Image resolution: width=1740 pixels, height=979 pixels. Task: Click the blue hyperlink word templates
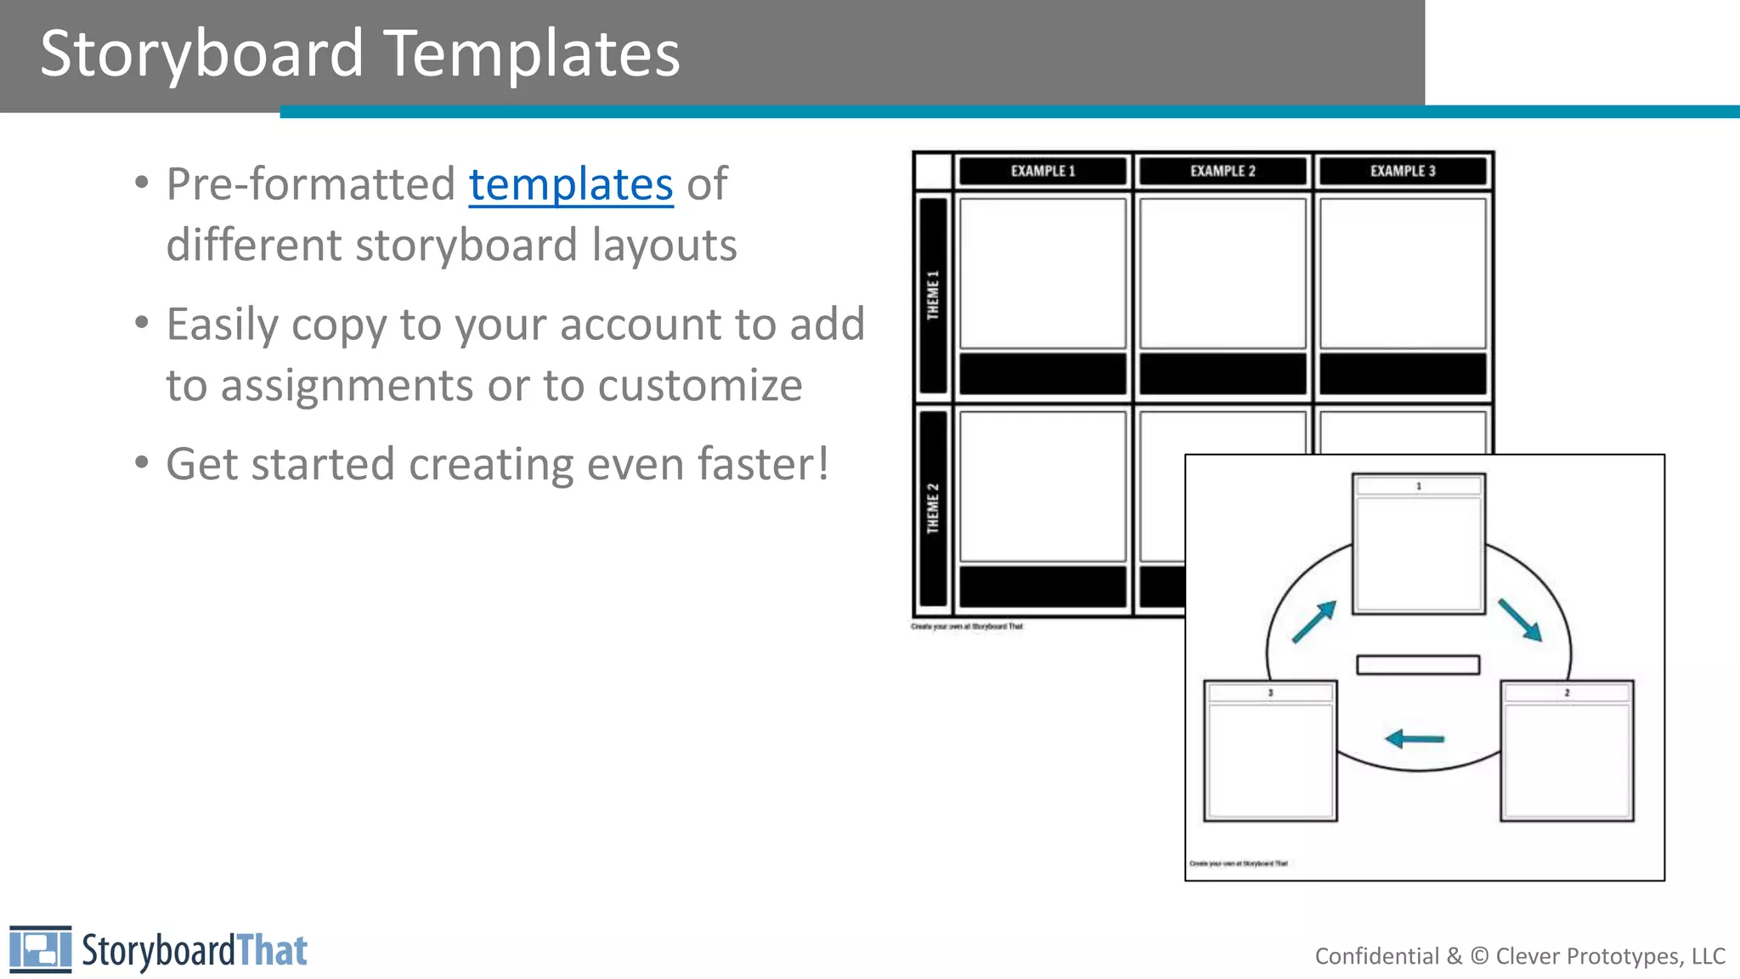click(571, 184)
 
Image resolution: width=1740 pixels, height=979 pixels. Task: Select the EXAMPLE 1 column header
click(1042, 171)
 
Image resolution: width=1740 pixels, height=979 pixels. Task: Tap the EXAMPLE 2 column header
click(1223, 171)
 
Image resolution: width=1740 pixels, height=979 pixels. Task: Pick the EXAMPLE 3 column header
click(1403, 171)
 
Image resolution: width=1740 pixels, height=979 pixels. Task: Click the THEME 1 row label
click(934, 295)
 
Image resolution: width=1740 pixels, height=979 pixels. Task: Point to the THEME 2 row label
click(934, 507)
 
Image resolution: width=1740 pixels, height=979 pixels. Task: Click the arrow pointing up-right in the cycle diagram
click(1314, 622)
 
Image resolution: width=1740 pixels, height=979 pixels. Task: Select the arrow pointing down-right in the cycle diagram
click(1520, 620)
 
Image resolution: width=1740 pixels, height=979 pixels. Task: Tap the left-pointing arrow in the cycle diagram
click(1415, 738)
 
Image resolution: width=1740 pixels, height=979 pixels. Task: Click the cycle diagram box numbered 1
click(1418, 544)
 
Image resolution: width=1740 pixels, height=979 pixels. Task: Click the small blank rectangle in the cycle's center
click(1418, 665)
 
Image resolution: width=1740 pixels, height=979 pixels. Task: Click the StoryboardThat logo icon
click(40, 949)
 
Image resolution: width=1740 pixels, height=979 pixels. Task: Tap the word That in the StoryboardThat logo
click(271, 951)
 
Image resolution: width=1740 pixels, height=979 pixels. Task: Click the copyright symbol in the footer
click(1479, 956)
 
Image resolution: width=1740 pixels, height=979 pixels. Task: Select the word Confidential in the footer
click(1376, 956)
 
